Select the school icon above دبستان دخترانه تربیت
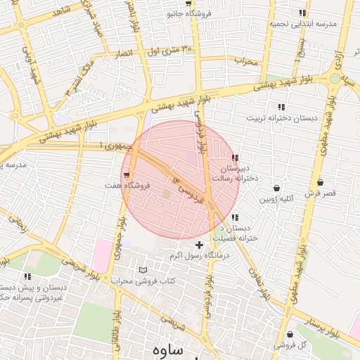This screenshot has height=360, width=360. pyautogui.click(x=281, y=107)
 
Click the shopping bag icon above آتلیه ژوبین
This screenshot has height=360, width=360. pyautogui.click(x=277, y=188)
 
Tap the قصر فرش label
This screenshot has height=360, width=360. pyautogui.click(x=321, y=193)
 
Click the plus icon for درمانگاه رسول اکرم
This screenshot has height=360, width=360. pyautogui.click(x=200, y=245)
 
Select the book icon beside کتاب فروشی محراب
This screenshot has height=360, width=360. pyautogui.click(x=144, y=270)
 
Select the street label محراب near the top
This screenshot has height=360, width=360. pyautogui.click(x=247, y=60)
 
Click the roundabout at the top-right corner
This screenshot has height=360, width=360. pyautogui.click(x=334, y=79)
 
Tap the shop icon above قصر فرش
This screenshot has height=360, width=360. pyautogui.click(x=321, y=182)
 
